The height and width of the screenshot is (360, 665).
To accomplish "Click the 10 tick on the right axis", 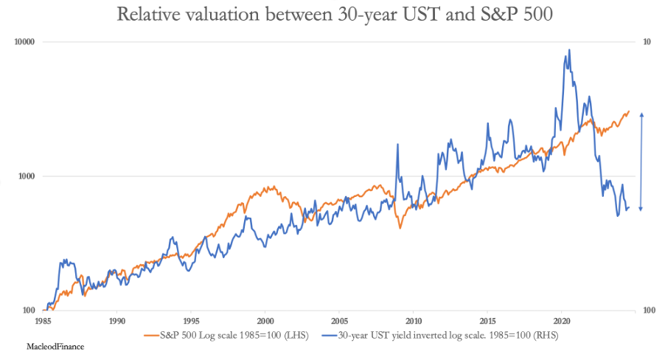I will (x=647, y=42).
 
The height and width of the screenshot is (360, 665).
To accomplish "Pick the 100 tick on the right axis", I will (x=649, y=311).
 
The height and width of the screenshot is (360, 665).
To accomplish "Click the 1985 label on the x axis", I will (x=42, y=322).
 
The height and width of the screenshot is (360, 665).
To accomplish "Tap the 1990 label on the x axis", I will (x=116, y=322).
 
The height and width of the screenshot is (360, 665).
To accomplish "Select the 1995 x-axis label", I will (x=191, y=322).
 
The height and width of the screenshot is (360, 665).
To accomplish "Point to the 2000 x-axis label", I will (x=265, y=322).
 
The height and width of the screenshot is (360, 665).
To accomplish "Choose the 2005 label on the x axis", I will (x=339, y=322).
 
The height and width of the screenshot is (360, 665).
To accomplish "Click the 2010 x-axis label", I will (x=414, y=322).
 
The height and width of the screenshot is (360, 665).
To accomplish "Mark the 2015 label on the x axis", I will (x=488, y=322).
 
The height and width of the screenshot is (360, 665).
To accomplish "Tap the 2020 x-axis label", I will (x=562, y=322).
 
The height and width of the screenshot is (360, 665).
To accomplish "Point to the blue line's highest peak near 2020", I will (x=568, y=50).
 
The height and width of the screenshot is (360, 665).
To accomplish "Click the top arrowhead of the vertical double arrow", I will (x=641, y=115).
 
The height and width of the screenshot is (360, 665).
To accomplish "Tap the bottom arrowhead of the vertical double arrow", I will (x=641, y=210).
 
